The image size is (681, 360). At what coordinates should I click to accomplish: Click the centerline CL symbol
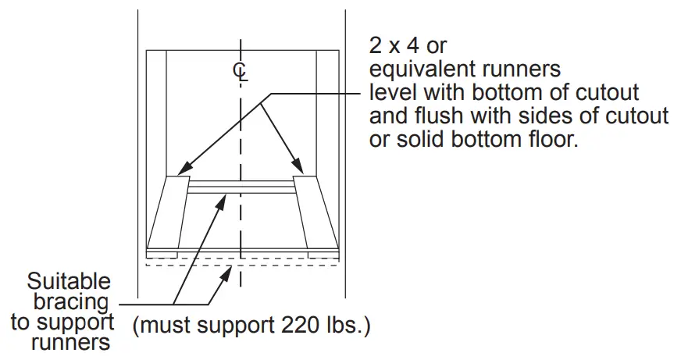pos(241,72)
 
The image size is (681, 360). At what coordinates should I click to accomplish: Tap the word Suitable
pos(69,282)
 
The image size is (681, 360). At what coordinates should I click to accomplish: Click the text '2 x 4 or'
pos(408,45)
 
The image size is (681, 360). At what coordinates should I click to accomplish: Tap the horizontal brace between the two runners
pos(241,188)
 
